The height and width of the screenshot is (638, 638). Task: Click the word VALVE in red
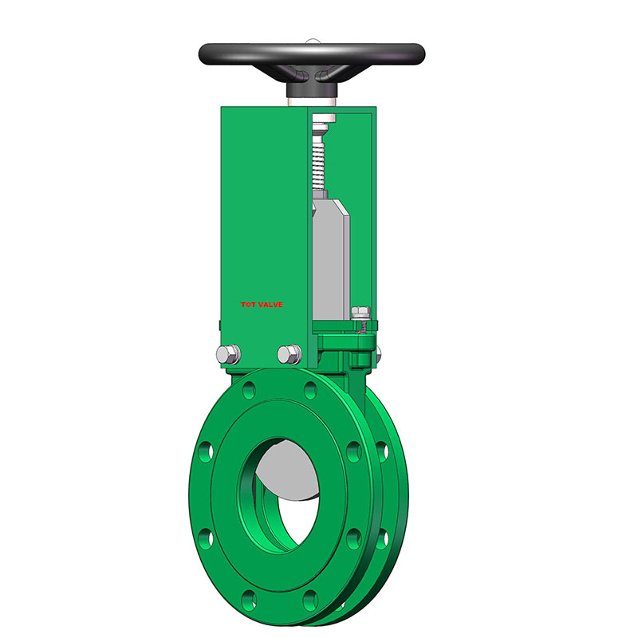(271, 305)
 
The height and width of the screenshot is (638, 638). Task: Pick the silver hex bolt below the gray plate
(289, 353)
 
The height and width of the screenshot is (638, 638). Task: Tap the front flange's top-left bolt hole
(250, 392)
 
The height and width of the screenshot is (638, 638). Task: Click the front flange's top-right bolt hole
(309, 392)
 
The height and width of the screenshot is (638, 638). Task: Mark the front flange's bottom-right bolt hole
(308, 596)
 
